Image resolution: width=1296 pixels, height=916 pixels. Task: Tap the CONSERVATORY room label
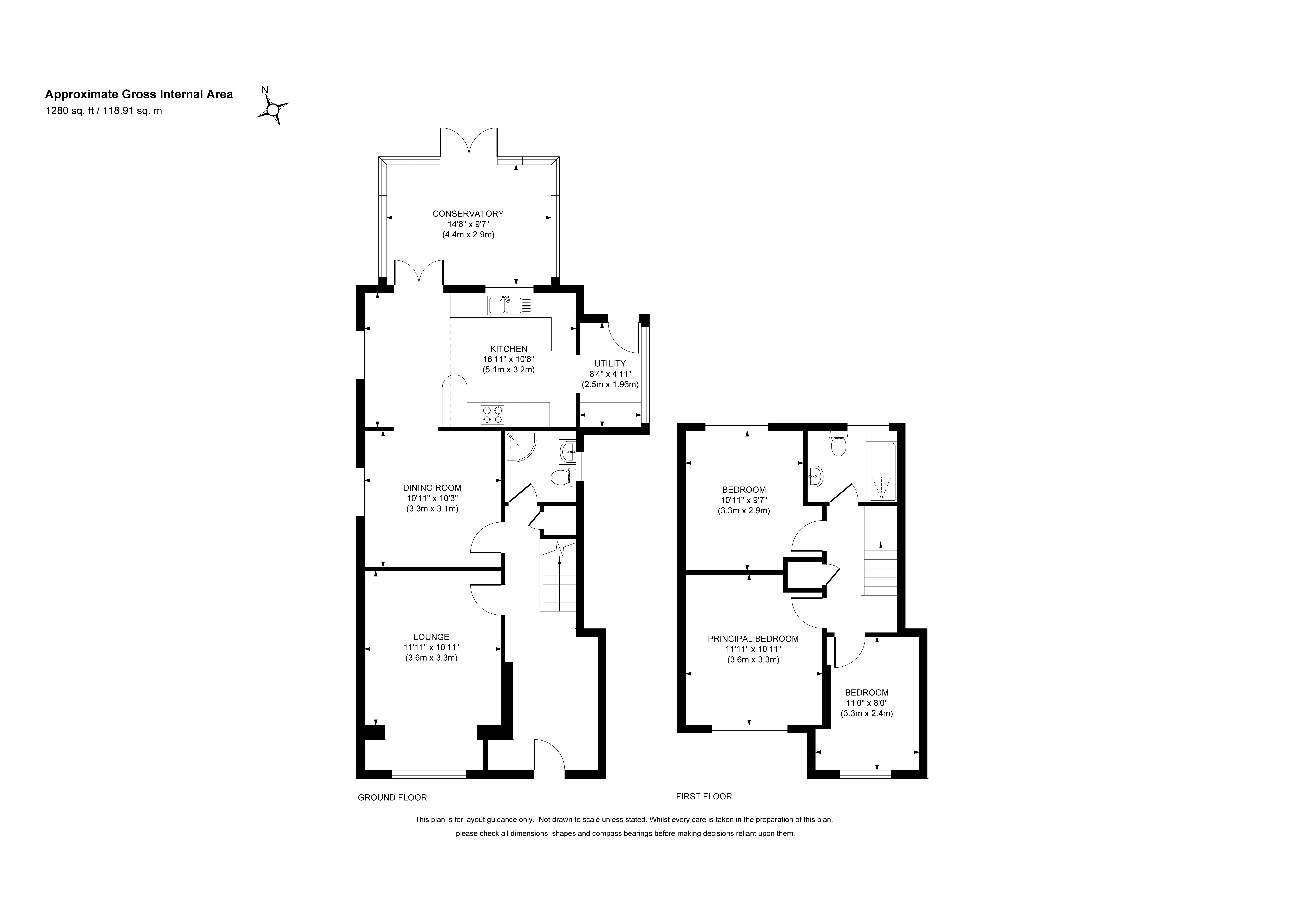(468, 213)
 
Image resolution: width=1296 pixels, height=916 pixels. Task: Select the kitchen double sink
(510, 305)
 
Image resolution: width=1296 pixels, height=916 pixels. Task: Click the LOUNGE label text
(431, 637)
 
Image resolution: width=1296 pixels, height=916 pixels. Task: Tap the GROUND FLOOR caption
(392, 797)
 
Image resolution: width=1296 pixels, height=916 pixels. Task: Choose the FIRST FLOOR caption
(704, 796)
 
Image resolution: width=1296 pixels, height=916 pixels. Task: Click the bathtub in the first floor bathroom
(881, 472)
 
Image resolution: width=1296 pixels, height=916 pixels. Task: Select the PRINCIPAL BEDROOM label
(753, 639)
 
